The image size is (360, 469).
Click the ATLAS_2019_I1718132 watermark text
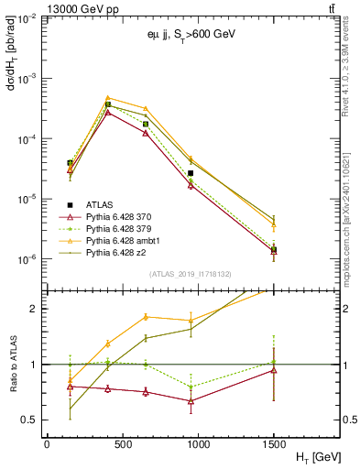point(191,273)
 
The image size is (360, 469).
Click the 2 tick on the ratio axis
point(35,309)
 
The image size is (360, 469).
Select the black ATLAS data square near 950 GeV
point(191,173)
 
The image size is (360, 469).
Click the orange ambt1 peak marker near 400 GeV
point(108,98)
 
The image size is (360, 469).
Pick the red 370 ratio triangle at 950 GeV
point(191,400)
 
